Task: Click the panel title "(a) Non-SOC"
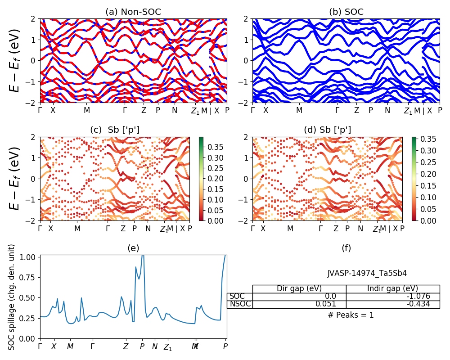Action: (x=133, y=12)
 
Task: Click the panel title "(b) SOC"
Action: (x=346, y=12)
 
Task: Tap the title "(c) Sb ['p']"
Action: (x=115, y=130)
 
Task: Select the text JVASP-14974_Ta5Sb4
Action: (x=367, y=273)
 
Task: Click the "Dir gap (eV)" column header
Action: (x=299, y=289)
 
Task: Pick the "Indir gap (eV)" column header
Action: (x=392, y=289)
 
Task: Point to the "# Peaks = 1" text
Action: (x=351, y=315)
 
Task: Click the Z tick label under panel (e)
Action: (x=126, y=346)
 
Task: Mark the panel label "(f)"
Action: (x=346, y=248)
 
